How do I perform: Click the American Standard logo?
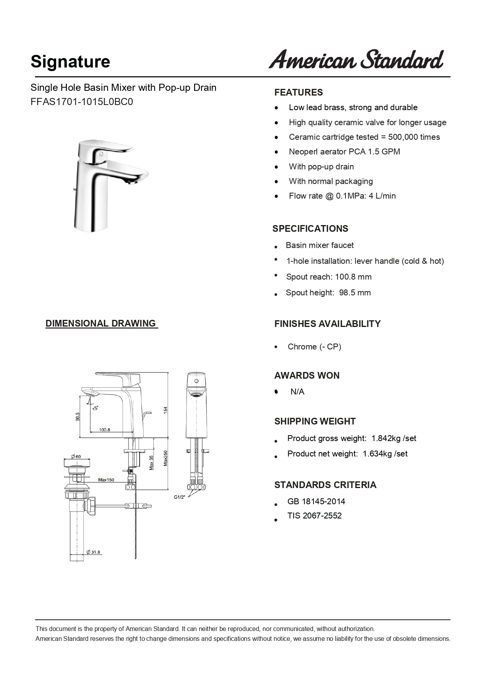coord(356,60)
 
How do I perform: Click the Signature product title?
coord(70,62)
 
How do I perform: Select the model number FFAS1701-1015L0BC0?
coord(82,102)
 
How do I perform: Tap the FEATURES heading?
coord(298,92)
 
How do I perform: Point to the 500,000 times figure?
coord(414,137)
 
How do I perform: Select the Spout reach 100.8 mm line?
coord(329,277)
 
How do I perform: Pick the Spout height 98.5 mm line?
coord(328,293)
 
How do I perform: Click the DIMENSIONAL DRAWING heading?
coord(101,323)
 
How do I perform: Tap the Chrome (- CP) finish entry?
coord(314,347)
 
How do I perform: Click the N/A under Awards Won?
coord(297,392)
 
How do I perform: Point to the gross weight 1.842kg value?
coord(387,438)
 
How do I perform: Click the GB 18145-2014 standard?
coord(316,501)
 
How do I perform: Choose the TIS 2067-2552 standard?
coord(314,516)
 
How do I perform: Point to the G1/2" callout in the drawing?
coord(179,497)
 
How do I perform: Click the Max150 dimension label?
coord(106,480)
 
